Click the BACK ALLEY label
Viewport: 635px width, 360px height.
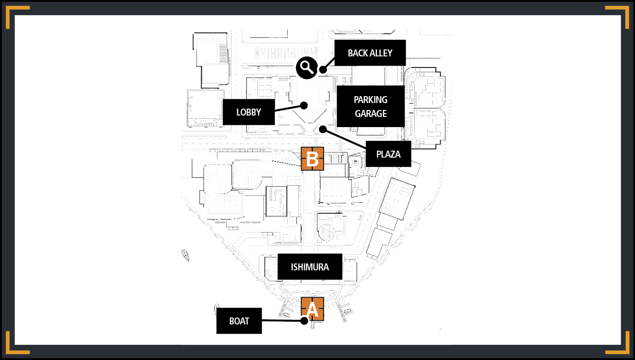pos(370,53)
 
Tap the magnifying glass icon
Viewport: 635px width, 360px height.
pos(307,67)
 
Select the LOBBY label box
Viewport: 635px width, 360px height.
pos(249,112)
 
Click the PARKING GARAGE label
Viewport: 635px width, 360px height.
pos(370,106)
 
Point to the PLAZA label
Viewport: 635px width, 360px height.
pos(388,154)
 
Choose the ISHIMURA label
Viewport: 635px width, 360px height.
pos(310,267)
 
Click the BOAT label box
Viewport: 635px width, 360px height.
pos(239,321)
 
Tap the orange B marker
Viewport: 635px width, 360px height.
pos(312,159)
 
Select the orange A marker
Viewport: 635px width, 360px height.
pos(312,309)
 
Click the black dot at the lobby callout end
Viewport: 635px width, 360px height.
pos(304,106)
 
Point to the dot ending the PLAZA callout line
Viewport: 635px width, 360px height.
pos(323,129)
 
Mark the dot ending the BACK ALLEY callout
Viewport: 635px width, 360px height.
pos(323,69)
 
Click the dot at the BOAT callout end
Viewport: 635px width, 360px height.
pos(304,321)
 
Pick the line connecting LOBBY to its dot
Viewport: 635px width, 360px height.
pos(289,108)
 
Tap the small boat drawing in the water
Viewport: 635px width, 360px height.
pos(185,255)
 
